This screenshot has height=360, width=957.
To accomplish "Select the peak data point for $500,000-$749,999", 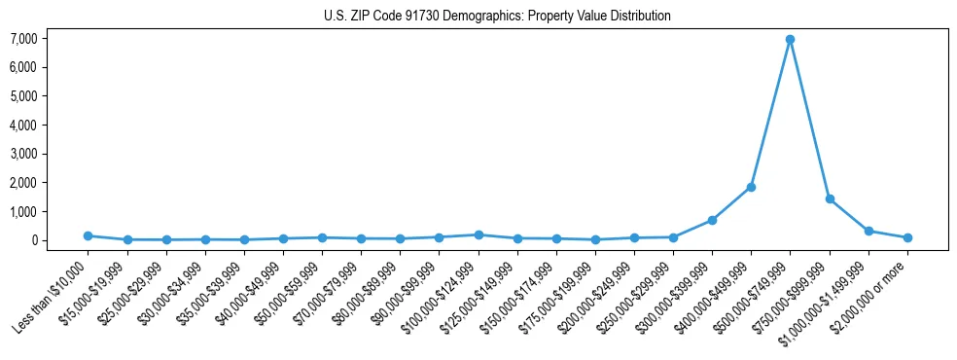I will pos(791,40).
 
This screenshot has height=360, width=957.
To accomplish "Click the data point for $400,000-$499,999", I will pos(751,187).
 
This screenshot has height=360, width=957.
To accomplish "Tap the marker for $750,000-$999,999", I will pos(830,198).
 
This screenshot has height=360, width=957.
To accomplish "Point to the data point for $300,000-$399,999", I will pos(712,220).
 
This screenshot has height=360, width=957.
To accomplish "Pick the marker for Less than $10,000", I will pos(88,235).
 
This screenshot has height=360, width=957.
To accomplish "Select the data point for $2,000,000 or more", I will pos(907,237).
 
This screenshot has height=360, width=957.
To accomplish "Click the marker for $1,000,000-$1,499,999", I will pos(868,231).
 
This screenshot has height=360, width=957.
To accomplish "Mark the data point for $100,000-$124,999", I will pos(478,234).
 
